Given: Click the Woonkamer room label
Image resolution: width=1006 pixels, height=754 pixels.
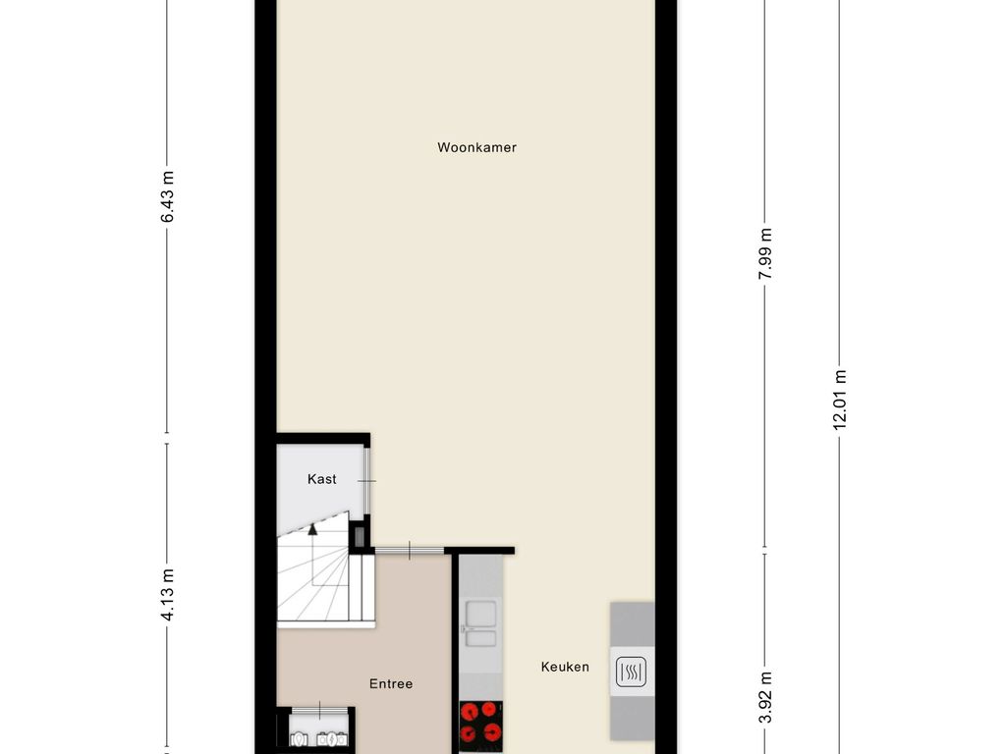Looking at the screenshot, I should (476, 148).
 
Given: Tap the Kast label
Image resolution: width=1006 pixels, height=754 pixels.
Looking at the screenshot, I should (321, 479).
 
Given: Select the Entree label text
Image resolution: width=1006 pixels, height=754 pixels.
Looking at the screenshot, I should (391, 684).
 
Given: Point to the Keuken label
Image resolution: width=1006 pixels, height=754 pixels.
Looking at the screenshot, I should (565, 667).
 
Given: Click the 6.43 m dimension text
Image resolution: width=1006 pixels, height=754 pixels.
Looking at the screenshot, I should (167, 197).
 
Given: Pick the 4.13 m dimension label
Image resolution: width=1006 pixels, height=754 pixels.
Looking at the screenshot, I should (167, 595).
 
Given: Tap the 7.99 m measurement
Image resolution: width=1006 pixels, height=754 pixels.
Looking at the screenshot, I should (765, 254).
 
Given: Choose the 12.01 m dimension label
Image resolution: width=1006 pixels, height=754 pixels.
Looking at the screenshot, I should (839, 399).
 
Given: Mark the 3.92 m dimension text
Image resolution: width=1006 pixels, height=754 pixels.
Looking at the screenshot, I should (765, 697).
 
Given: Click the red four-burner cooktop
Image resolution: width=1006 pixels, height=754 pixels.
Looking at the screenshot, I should (480, 726).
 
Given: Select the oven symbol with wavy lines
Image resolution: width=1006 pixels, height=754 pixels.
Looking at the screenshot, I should (630, 673).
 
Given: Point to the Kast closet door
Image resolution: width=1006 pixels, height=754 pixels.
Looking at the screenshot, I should (367, 481).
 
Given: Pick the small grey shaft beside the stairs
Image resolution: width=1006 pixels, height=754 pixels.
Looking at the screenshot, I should (359, 536).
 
